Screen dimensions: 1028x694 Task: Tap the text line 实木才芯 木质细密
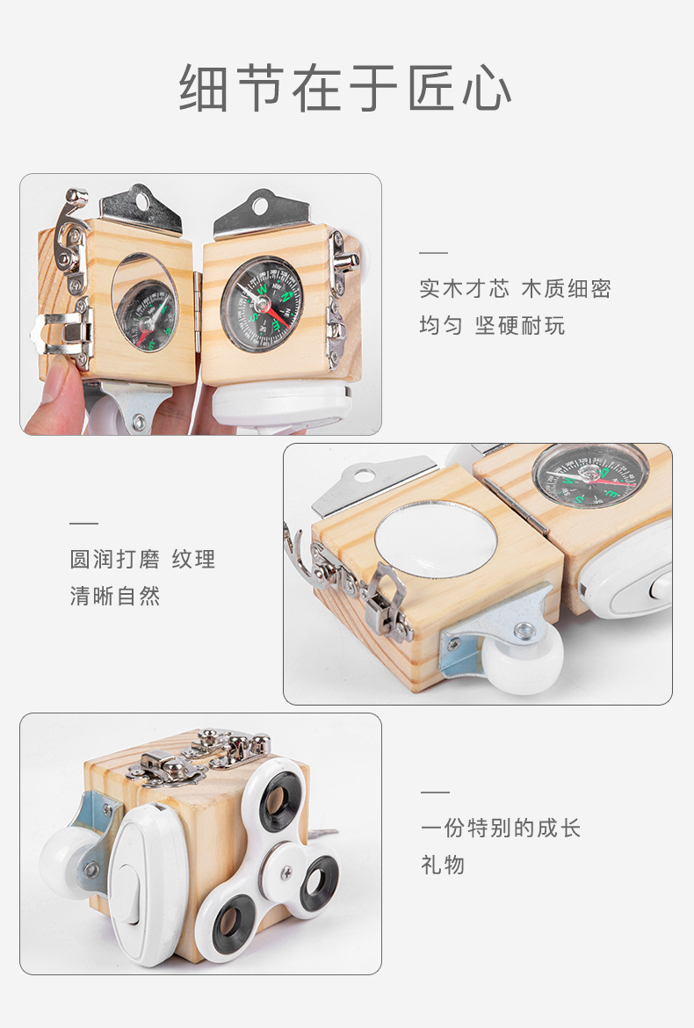(515, 288)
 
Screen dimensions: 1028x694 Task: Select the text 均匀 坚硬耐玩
(492, 326)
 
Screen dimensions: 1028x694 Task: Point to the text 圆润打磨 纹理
(142, 559)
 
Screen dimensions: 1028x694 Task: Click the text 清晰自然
(115, 597)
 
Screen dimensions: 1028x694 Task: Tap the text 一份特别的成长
(501, 828)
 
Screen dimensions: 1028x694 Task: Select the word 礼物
(443, 865)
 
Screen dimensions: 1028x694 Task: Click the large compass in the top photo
(261, 303)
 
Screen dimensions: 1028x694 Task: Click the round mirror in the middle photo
(430, 539)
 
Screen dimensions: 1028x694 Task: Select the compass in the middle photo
(590, 474)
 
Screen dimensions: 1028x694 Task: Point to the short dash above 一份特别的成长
(434, 792)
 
